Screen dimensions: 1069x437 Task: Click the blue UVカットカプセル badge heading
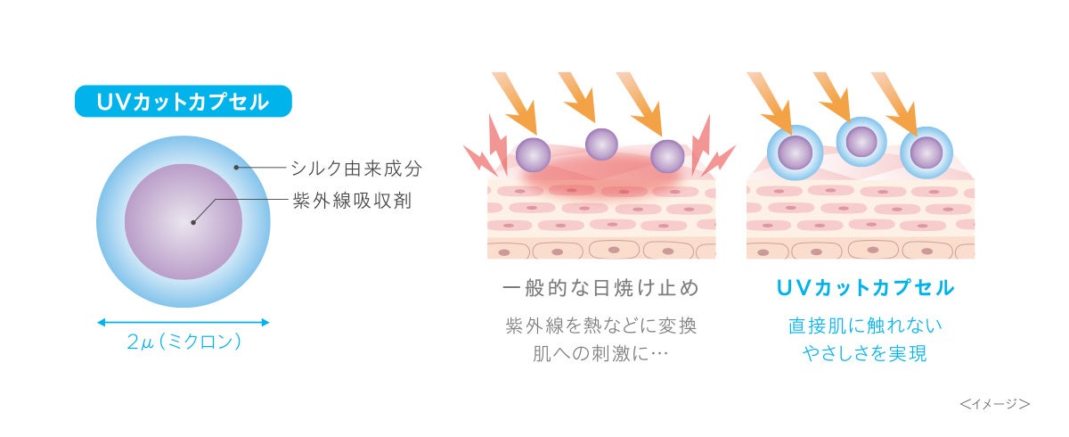183,102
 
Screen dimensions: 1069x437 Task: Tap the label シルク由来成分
355,168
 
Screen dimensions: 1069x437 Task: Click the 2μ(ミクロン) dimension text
184,342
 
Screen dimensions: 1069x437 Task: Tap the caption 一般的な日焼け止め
600,288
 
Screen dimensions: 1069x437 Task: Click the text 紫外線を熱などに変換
600,326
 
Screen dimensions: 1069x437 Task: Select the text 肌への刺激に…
600,354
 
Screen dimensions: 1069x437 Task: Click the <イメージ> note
995,404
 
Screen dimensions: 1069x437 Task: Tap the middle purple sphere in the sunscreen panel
601,143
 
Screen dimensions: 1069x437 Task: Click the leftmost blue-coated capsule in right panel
795,153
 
